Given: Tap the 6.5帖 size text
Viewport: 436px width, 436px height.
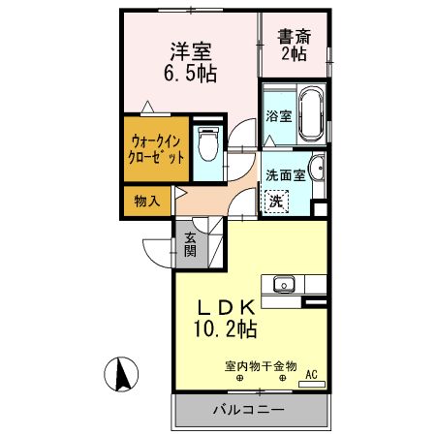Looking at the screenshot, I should [191, 73].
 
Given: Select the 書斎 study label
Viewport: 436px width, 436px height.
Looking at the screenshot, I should [294, 38].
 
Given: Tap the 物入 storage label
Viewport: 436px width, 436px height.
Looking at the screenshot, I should [146, 202].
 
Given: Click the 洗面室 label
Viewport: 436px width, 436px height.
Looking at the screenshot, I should [285, 175].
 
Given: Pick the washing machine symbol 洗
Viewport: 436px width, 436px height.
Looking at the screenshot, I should [277, 201].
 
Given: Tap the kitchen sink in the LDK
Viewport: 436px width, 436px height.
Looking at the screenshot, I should [284, 284].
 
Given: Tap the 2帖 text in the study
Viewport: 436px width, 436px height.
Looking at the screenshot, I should [294, 55].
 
